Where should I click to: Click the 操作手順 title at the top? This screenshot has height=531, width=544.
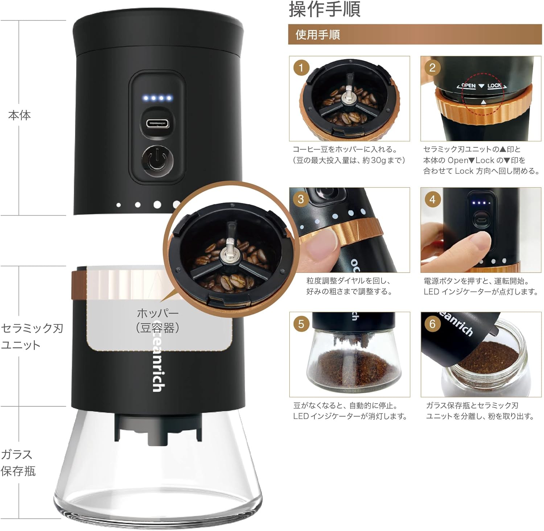tap(325, 9)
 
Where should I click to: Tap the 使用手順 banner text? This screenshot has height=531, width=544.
tap(318, 35)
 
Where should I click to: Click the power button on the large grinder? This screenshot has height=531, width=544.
tap(157, 161)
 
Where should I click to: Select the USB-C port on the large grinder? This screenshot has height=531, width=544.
tap(157, 123)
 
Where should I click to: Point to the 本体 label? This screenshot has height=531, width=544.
tap(20, 115)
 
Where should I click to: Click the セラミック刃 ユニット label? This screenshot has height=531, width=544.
tap(32, 336)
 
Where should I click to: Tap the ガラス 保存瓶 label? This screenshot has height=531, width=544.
tap(18, 462)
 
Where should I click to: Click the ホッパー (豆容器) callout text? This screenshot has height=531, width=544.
tap(158, 320)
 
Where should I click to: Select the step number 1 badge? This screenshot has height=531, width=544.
tap(301, 68)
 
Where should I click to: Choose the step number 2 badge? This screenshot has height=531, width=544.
tap(432, 68)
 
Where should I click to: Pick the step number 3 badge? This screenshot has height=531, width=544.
tap(301, 199)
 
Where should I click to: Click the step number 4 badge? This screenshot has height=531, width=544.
tap(432, 199)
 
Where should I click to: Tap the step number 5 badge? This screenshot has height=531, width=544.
tap(301, 323)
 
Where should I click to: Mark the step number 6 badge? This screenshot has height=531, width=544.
tap(432, 323)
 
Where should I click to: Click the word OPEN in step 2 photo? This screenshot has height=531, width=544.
tap(468, 86)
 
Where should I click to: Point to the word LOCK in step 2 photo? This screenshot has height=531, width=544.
tap(494, 86)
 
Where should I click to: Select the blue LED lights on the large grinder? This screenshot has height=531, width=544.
tap(157, 98)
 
